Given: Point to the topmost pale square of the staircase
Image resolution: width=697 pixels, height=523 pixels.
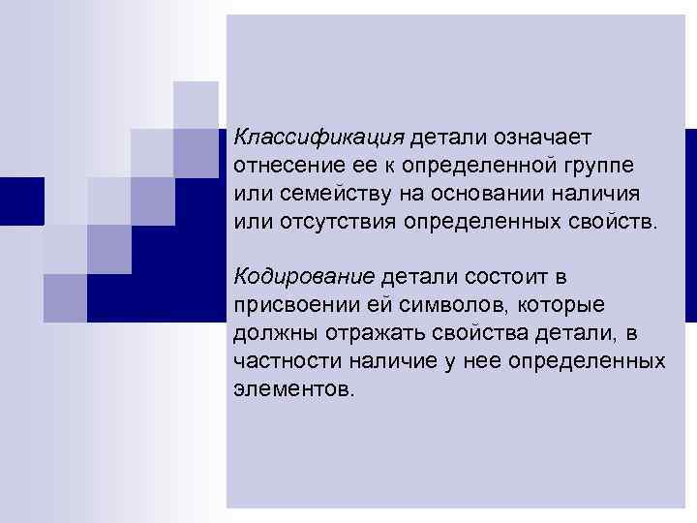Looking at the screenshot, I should (196, 104).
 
